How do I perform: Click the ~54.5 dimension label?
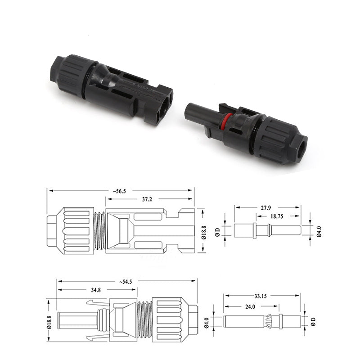tap(126, 282)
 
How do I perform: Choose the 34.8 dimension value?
tap(96, 291)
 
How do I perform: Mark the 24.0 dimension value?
tap(251, 306)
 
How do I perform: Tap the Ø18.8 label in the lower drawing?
tap(50, 322)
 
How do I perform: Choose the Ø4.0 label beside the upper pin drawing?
tap(319, 230)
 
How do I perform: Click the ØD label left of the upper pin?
tap(217, 231)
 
